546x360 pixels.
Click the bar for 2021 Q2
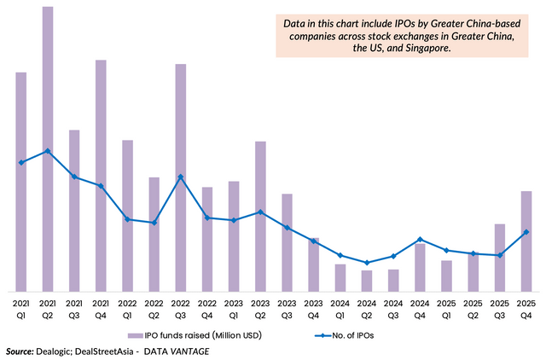coord(48,149)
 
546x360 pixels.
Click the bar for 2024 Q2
coord(367,281)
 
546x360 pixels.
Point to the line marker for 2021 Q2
coord(48,151)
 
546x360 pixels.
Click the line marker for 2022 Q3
coord(181,177)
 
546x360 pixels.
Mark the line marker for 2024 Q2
coord(367,263)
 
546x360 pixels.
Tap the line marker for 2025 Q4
coord(526,232)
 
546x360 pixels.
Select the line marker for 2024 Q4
coord(420,240)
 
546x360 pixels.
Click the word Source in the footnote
coord(19,351)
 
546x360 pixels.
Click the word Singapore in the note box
coord(420,49)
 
